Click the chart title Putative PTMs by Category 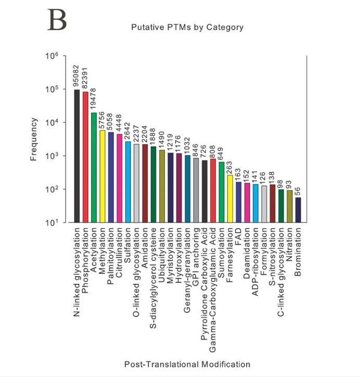187,27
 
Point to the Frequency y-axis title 34,139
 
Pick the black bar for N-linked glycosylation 77,156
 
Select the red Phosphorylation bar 85,157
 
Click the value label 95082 77,76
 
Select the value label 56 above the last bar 298,191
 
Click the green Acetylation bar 94,167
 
